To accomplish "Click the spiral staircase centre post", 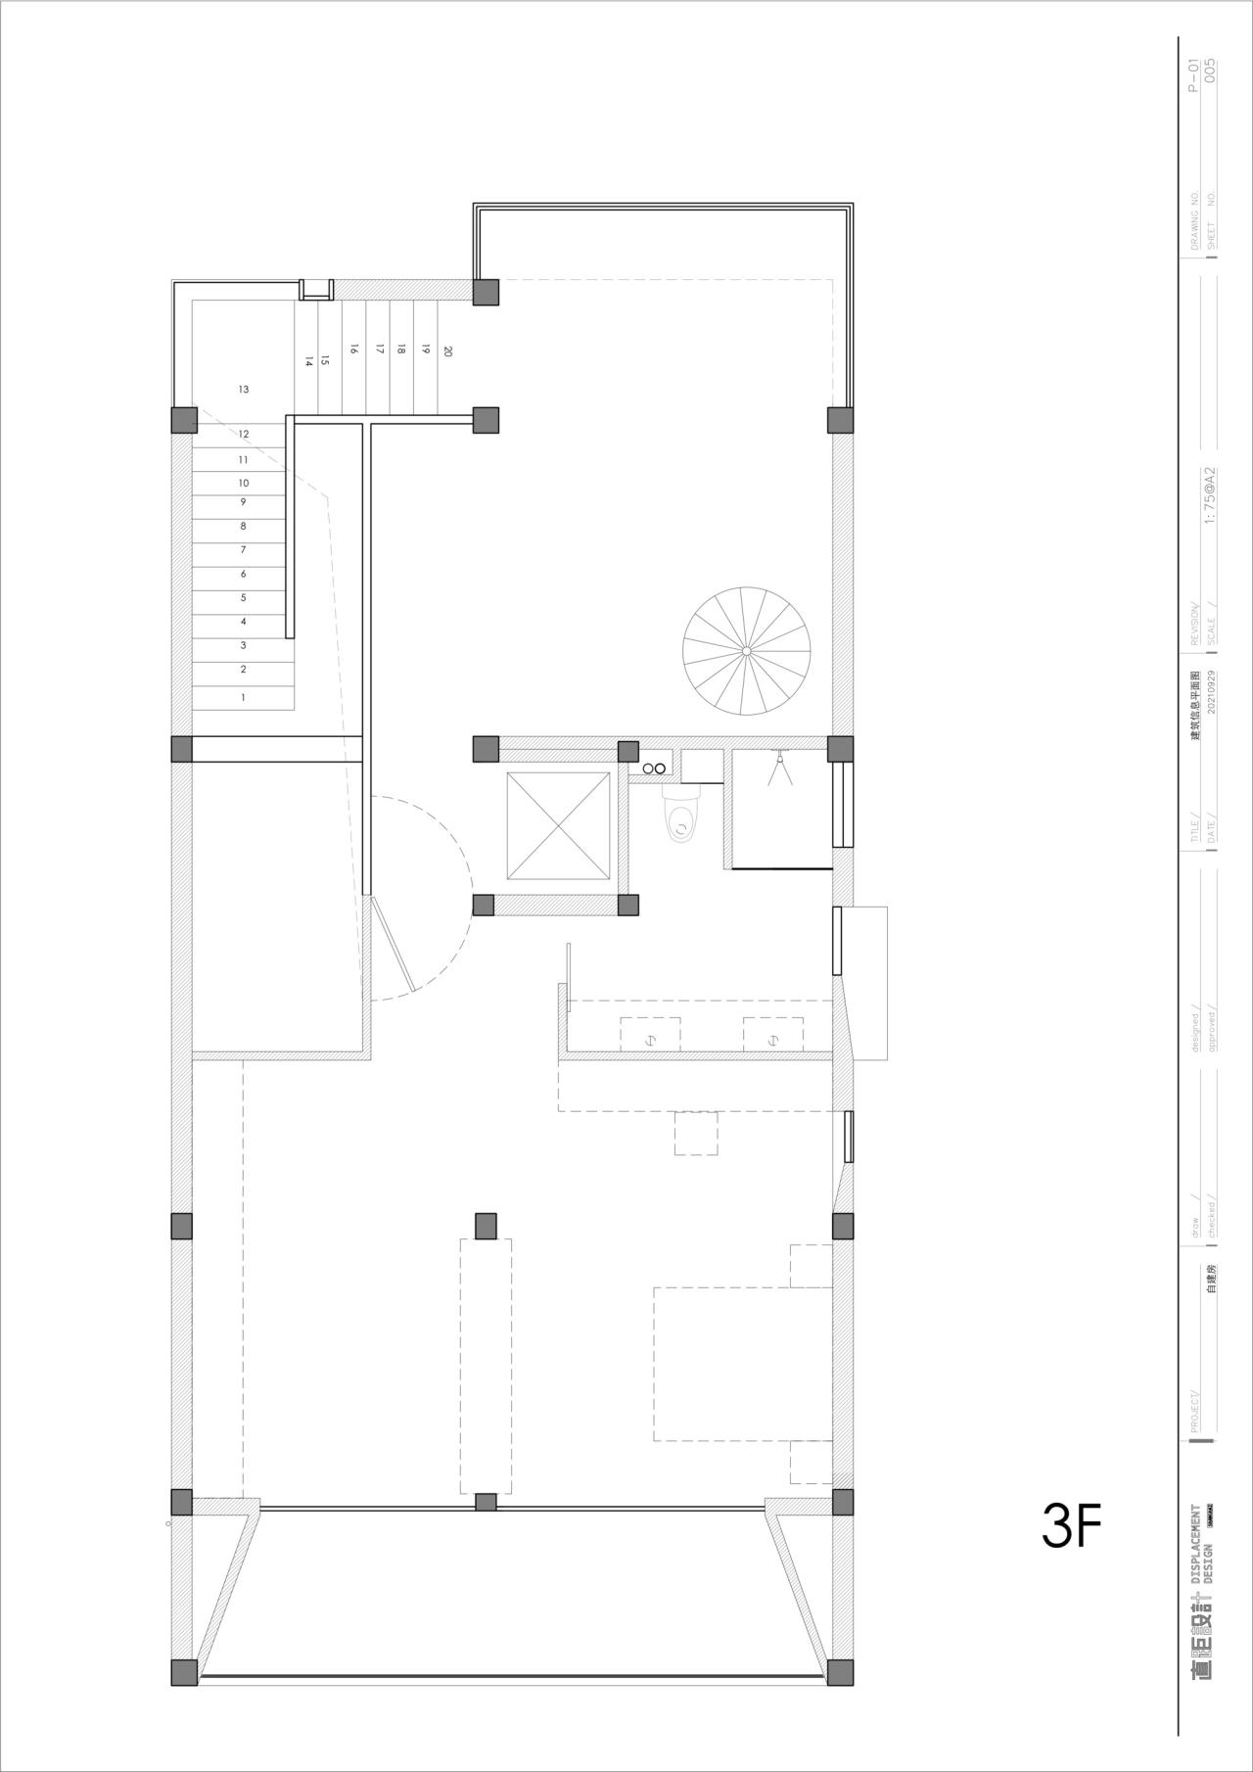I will pos(746,650).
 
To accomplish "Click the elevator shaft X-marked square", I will pos(558,825).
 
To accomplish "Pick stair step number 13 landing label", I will pos(244,390).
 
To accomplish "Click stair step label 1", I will pos(244,698).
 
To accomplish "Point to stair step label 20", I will pos(447,350).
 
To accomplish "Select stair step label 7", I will pos(244,550).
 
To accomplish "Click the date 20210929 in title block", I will pos(1213,704).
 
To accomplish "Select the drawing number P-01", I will pos(1192,74).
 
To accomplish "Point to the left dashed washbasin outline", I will pos(650,1034).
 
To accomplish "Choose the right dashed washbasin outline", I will pos(772,1034).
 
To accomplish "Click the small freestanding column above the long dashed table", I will pos(486,1225).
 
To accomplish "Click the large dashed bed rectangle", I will pos(742,1363).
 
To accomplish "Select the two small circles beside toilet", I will pos(655,769).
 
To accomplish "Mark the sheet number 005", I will pos(1211,74).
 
